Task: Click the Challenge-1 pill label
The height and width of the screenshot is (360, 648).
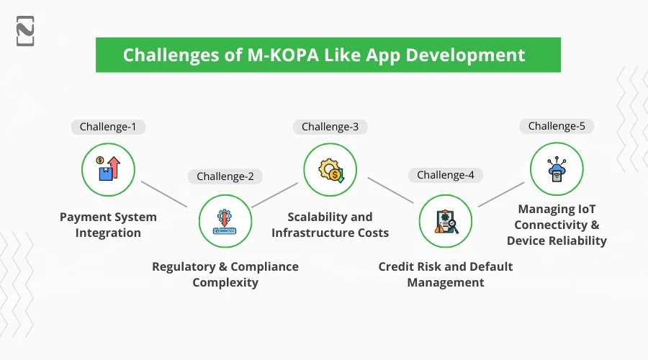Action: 108,127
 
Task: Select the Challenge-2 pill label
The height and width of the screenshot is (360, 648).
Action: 225,176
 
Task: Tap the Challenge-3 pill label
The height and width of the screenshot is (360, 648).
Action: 330,127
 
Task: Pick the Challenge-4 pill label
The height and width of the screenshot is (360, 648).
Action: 446,175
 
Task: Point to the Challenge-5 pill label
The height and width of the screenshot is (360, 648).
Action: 557,126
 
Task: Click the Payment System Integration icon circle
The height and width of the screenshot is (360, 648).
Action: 108,171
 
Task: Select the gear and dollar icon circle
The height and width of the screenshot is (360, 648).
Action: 330,171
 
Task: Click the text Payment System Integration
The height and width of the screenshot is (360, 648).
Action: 108,225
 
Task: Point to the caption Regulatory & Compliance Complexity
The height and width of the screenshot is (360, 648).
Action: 225,274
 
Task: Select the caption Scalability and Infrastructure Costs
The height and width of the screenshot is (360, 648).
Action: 330,225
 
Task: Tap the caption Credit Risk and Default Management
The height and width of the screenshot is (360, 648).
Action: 446,274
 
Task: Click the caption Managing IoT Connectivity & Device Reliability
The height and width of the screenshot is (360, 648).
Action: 557,225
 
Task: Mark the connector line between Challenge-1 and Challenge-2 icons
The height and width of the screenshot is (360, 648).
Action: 165,194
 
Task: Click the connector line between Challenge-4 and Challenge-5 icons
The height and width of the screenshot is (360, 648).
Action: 501,194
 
